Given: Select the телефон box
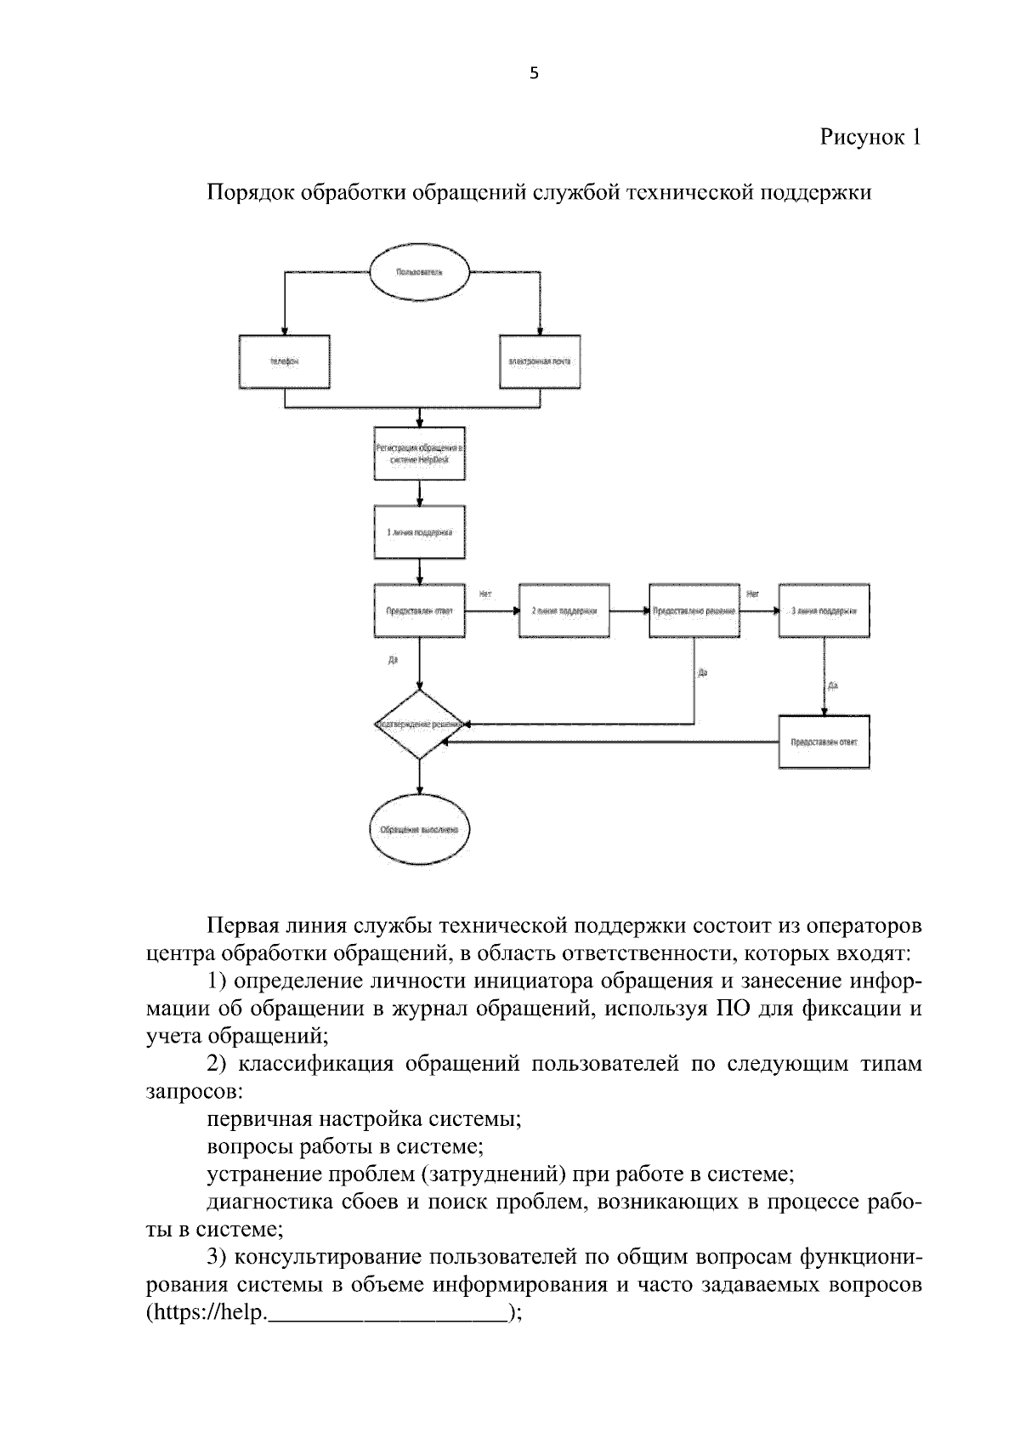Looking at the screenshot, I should pos(285,361).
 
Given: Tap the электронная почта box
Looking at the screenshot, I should pos(540,361).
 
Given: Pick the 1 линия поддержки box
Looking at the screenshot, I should pos(420,532).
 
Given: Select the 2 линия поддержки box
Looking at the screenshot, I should pos(564,611).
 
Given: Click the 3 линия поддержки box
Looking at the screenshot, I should pos(824,611).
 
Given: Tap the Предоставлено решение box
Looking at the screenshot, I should pos(694,611).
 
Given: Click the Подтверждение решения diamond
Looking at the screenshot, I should pos(420,725).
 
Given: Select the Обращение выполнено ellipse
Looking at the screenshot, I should pos(420,830).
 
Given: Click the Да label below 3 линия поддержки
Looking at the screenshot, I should pos(833,685).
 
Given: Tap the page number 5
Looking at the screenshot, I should pos(534,74).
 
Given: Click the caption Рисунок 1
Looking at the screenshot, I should pos(870,137).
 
